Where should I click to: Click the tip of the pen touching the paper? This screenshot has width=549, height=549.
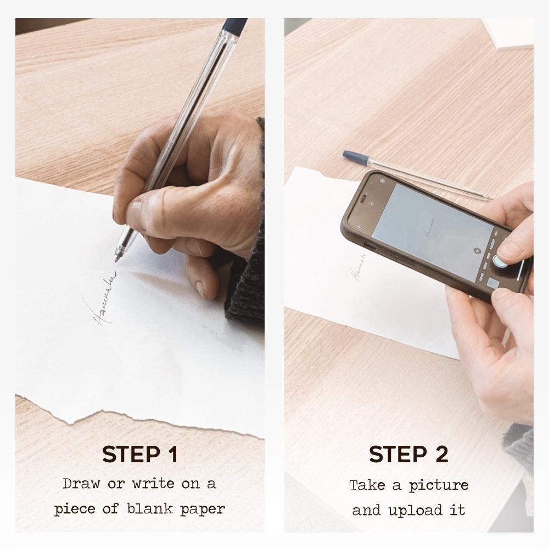pyautogui.click(x=117, y=259)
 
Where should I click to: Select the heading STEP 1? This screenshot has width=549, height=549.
pyautogui.click(x=140, y=455)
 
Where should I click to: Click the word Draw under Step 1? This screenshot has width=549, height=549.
pyautogui.click(x=80, y=484)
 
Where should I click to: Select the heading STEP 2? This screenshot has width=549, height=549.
pyautogui.click(x=408, y=455)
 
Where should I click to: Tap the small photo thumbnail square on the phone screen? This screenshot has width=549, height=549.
pyautogui.click(x=493, y=284)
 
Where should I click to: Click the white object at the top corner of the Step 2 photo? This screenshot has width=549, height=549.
pyautogui.click(x=508, y=33)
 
